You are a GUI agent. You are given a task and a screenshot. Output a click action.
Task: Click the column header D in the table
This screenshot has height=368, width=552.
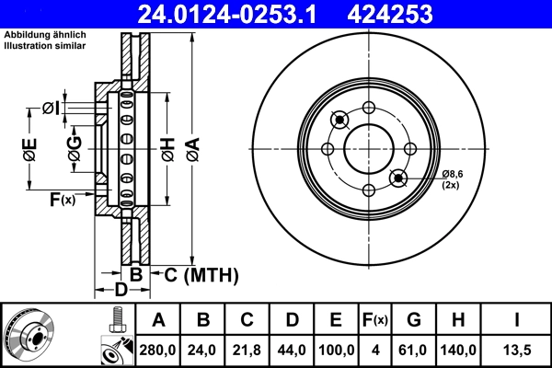(x=292, y=321)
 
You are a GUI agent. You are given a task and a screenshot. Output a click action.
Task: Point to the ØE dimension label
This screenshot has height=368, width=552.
(x=29, y=148)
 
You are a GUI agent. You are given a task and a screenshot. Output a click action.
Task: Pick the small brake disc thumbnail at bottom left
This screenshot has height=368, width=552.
(x=29, y=335)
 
